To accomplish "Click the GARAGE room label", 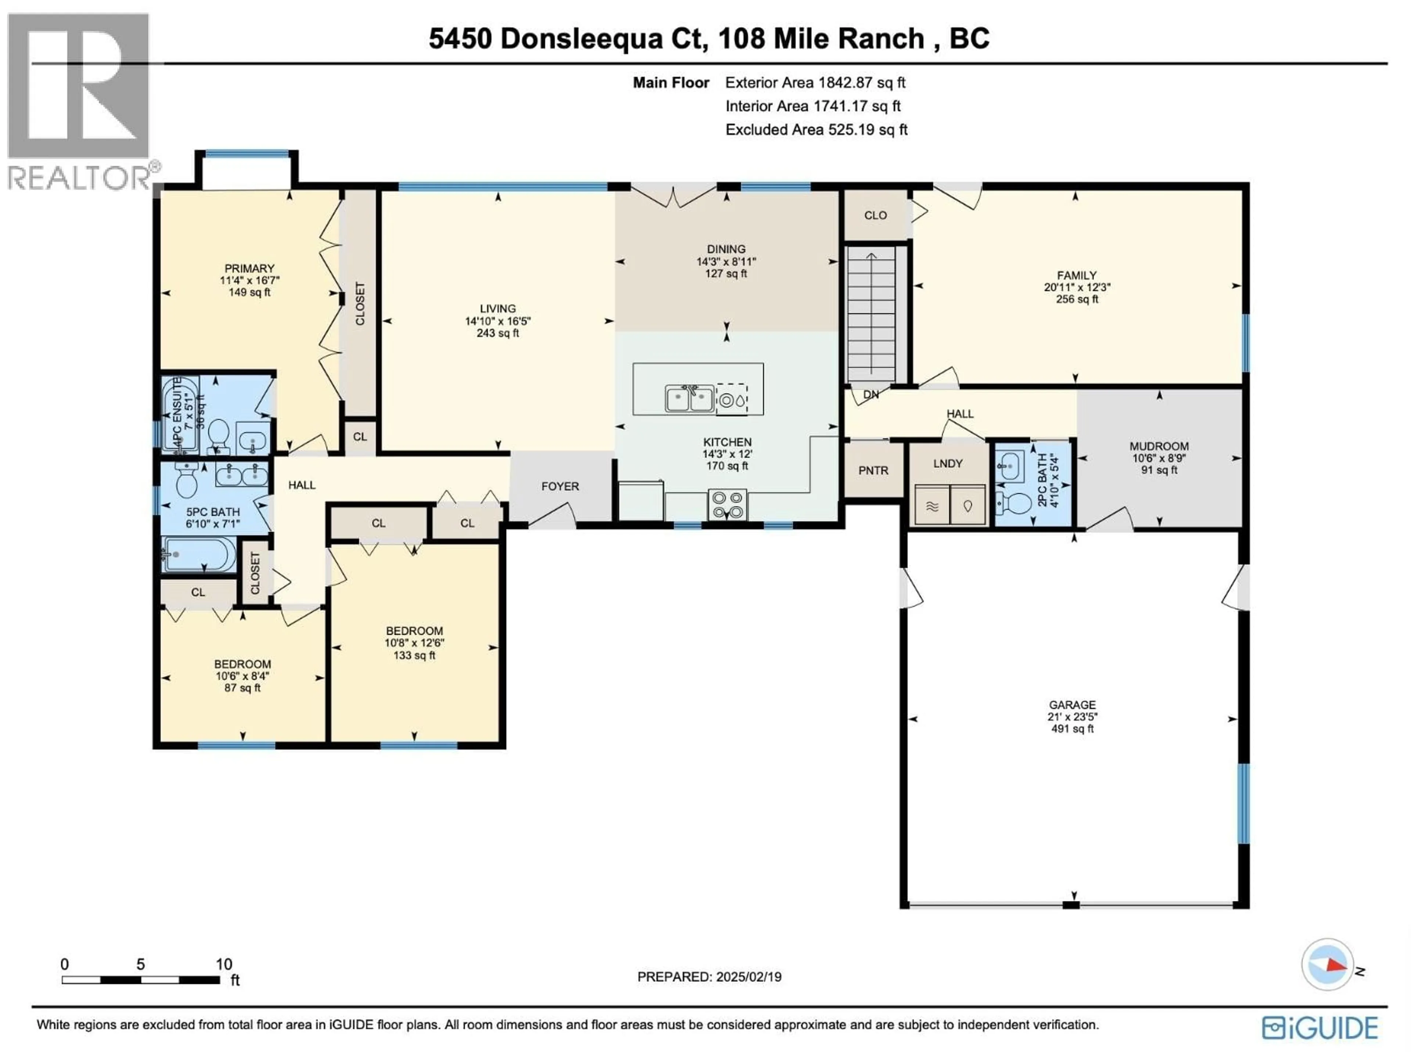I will click(1072, 705).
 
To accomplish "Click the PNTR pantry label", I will click(873, 471).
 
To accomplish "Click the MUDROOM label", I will click(1159, 446).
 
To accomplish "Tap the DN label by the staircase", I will click(871, 395).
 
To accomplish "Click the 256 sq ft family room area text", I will click(1077, 299).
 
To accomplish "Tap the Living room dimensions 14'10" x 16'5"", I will click(498, 321).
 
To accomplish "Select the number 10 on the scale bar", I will click(224, 964).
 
